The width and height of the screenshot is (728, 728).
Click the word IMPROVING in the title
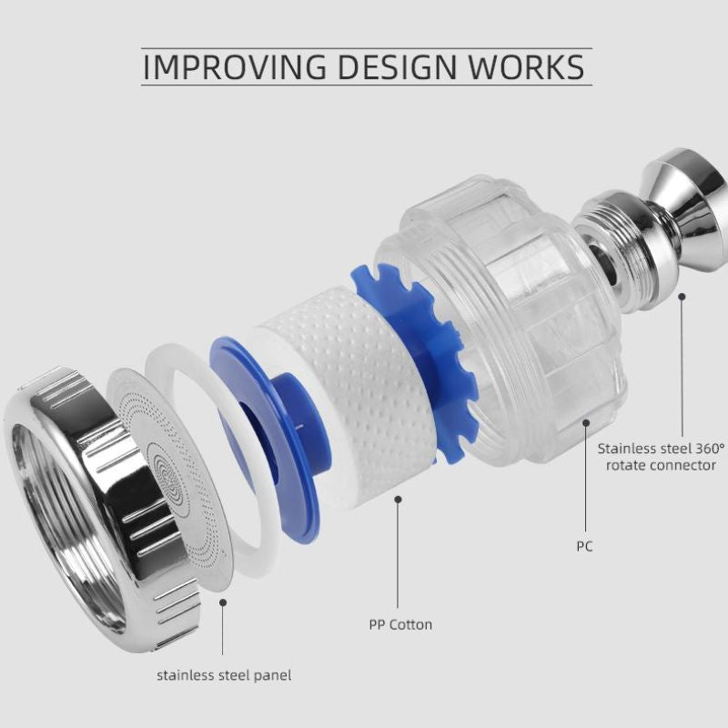pos(235,66)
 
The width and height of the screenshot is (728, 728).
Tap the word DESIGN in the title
pos(397,66)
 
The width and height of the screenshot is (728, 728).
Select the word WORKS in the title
pos(526,66)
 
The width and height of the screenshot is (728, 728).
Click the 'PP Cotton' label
pos(400,625)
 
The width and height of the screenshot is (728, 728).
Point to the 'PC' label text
pos(584,547)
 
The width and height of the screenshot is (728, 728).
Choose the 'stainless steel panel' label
pos(224,675)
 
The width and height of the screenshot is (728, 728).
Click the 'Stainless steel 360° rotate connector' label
pos(661,457)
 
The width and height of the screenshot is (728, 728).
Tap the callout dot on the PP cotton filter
pos(398,499)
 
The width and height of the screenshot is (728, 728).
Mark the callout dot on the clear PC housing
pos(586,423)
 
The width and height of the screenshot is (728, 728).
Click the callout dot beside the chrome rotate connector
pos(682,297)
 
